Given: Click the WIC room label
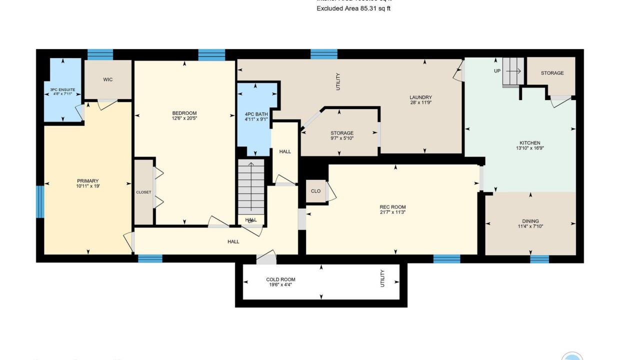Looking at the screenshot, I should tap(108, 79).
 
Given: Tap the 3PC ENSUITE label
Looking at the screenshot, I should tap(62, 89).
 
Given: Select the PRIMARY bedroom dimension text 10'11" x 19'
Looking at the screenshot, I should tap(88, 186).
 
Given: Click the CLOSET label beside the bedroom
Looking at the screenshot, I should tap(143, 192).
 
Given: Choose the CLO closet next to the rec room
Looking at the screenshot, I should tap(315, 191).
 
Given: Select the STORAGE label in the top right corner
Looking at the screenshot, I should tap(552, 73).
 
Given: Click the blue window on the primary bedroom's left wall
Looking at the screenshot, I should tap(40, 201).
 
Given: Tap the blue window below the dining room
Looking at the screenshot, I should tap(539, 259).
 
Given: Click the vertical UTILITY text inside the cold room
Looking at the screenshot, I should tap(382, 278).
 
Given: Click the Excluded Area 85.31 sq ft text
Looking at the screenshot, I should tap(353, 8).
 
